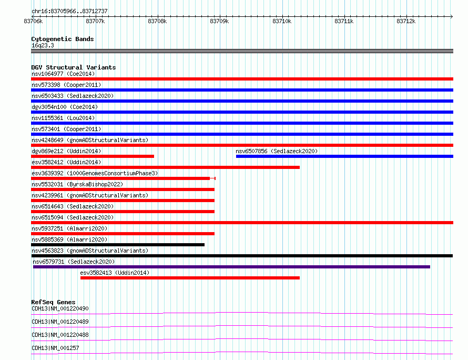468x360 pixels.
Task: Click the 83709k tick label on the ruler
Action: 219,21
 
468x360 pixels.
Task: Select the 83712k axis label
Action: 406,21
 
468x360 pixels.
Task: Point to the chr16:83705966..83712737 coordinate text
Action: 69,12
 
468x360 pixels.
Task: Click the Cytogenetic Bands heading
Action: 63,39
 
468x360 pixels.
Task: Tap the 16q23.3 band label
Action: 43,45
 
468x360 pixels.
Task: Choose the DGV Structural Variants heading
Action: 74,67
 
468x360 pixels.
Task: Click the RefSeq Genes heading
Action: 53,302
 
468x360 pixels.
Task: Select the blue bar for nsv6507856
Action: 344,156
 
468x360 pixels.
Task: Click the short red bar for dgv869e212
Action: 93,156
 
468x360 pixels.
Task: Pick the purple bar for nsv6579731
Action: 231,267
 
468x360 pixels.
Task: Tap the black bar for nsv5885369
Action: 118,245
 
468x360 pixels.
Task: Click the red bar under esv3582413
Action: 190,278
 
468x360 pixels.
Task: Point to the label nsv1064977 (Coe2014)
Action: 63,74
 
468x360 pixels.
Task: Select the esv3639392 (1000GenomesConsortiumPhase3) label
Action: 95,173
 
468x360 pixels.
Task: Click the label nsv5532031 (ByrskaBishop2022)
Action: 77,184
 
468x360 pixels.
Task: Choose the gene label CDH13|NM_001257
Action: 55,348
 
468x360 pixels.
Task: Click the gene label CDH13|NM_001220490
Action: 60,308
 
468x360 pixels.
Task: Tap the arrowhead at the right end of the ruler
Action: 452,16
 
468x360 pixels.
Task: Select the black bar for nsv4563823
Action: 242,256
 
